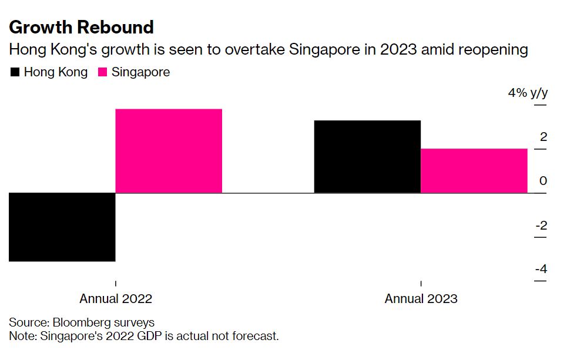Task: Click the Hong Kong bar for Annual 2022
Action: click(x=62, y=227)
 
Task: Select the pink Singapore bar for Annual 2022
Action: click(x=169, y=151)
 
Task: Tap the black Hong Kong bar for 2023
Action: click(x=368, y=156)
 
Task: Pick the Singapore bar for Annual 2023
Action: click(x=474, y=170)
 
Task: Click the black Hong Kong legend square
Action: click(x=15, y=73)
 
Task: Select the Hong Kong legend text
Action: click(x=55, y=73)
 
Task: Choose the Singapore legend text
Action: click(x=140, y=73)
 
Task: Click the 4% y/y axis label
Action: click(x=528, y=93)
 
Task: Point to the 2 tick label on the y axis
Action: click(x=543, y=137)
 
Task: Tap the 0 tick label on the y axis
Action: click(x=543, y=181)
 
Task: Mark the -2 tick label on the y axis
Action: click(x=541, y=225)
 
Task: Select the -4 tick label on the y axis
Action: click(x=541, y=269)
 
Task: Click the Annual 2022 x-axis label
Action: click(x=116, y=298)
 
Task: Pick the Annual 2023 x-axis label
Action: click(x=421, y=298)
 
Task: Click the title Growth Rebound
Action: click(x=81, y=27)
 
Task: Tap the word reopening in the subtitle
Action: click(x=491, y=50)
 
